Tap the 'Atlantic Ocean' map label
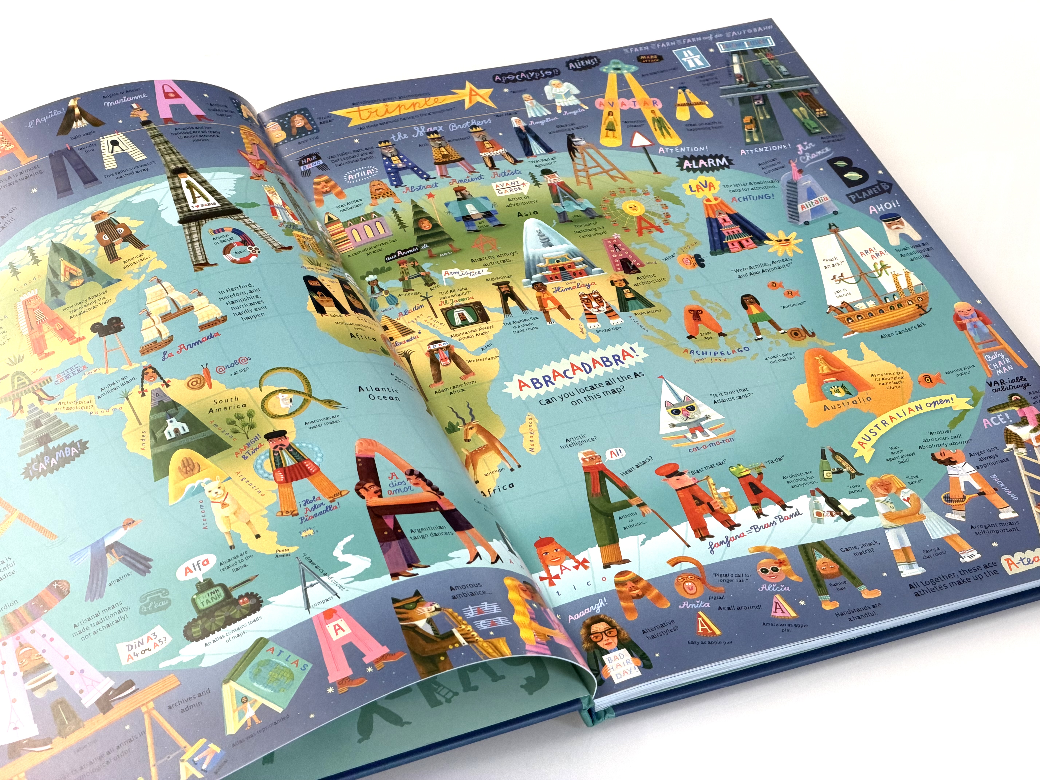point(379,393)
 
